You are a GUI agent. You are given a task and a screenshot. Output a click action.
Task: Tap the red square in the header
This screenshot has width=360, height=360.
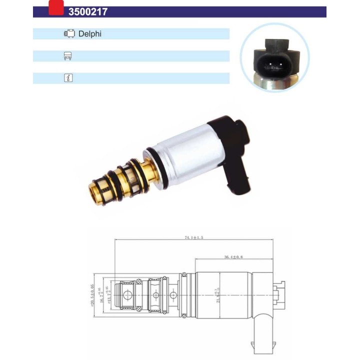pos(56,7)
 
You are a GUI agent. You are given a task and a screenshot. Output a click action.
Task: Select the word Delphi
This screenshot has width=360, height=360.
pos(90,34)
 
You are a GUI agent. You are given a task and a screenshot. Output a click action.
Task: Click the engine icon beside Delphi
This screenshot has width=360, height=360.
pos(69,34)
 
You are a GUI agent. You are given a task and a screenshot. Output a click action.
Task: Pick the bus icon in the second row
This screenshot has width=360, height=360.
pos(69,56)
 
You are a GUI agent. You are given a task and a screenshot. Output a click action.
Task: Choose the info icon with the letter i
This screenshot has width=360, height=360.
pos(69,78)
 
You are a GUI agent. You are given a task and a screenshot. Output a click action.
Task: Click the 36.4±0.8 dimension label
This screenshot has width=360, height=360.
pos(233,257)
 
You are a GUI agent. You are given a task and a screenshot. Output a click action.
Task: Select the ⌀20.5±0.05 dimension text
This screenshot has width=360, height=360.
pos(92,295)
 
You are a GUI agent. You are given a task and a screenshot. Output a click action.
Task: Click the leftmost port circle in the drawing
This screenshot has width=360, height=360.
pos(125,295)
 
